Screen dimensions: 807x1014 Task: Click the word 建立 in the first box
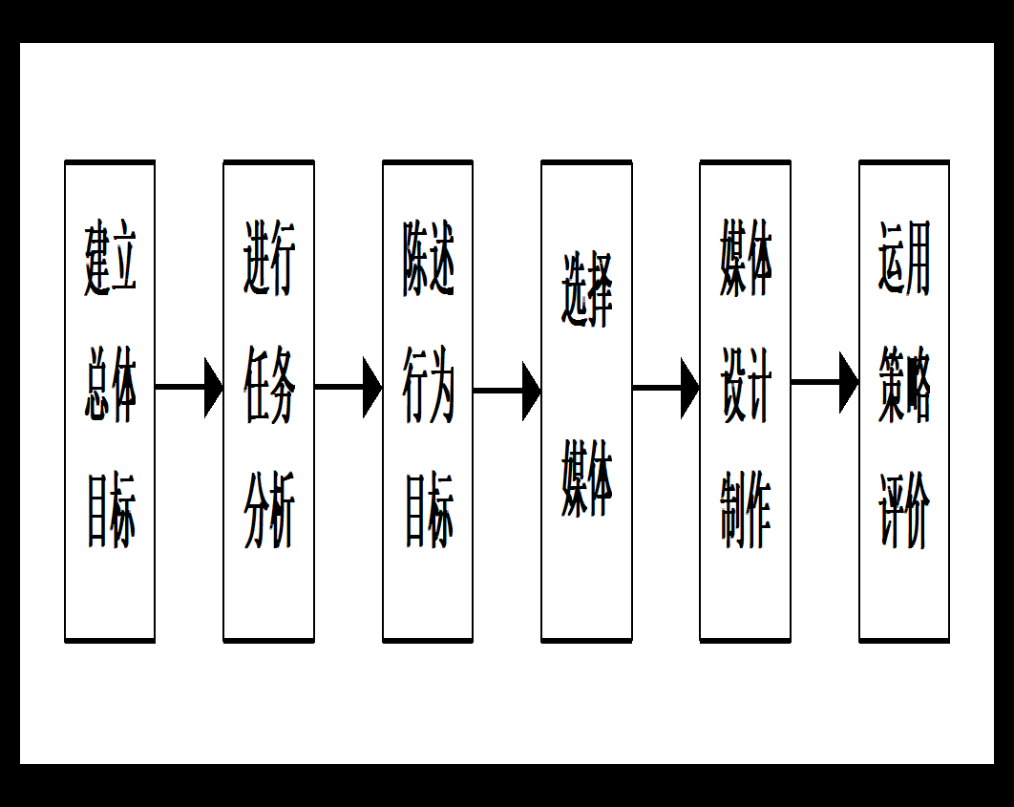click(x=110, y=259)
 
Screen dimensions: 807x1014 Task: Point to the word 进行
click(x=269, y=259)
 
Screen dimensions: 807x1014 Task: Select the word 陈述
click(x=428, y=259)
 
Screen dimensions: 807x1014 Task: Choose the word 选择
click(x=586, y=290)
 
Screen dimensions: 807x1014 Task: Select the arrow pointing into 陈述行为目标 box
click(x=349, y=387)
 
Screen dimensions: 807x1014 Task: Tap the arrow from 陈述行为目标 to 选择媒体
click(x=507, y=390)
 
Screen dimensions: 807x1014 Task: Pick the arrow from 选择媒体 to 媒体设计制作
click(x=665, y=388)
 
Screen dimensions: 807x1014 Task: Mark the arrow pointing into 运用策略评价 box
click(x=825, y=382)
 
